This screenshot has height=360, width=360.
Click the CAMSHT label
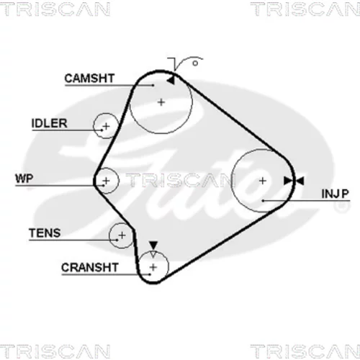click(x=89, y=78)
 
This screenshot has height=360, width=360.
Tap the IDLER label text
click(x=49, y=123)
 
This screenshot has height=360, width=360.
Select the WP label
click(x=24, y=179)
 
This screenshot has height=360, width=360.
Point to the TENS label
click(x=45, y=233)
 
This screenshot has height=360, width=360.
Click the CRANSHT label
click(x=90, y=267)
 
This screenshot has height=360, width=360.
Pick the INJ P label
click(x=335, y=194)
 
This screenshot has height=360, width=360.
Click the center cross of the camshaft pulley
click(x=161, y=102)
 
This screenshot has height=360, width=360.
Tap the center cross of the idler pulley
click(x=106, y=126)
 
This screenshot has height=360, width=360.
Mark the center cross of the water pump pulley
click(x=107, y=181)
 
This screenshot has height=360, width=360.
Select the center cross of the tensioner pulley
click(x=122, y=235)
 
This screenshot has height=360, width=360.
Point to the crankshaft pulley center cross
click(x=153, y=267)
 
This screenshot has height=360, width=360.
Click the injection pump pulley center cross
click(x=263, y=181)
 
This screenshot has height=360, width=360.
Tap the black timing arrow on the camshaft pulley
click(x=171, y=81)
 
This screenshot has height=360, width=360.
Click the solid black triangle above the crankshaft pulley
click(x=153, y=246)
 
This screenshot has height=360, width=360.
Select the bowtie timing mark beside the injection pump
click(x=294, y=181)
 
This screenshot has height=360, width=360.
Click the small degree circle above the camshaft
click(x=195, y=63)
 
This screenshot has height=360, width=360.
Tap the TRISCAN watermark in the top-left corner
click(x=55, y=9)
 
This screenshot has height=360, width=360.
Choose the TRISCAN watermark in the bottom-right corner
click(x=305, y=351)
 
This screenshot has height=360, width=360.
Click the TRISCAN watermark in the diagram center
click(x=181, y=180)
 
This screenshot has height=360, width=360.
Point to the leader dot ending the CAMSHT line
click(x=153, y=85)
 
